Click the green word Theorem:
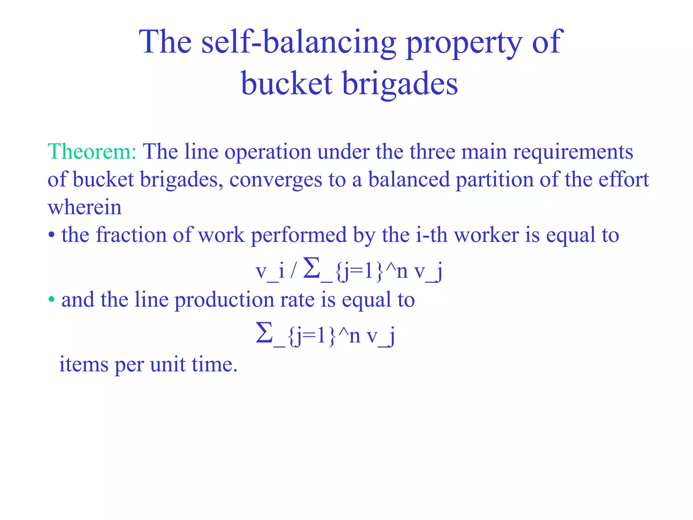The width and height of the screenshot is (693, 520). tap(92, 151)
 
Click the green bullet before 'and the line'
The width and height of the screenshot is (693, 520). tap(51, 300)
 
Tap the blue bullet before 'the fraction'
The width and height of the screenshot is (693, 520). tap(51, 235)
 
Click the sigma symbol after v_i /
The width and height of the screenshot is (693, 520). tap(312, 268)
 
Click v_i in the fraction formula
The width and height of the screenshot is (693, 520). tap(270, 271)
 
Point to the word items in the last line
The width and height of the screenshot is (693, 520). tap(84, 365)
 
